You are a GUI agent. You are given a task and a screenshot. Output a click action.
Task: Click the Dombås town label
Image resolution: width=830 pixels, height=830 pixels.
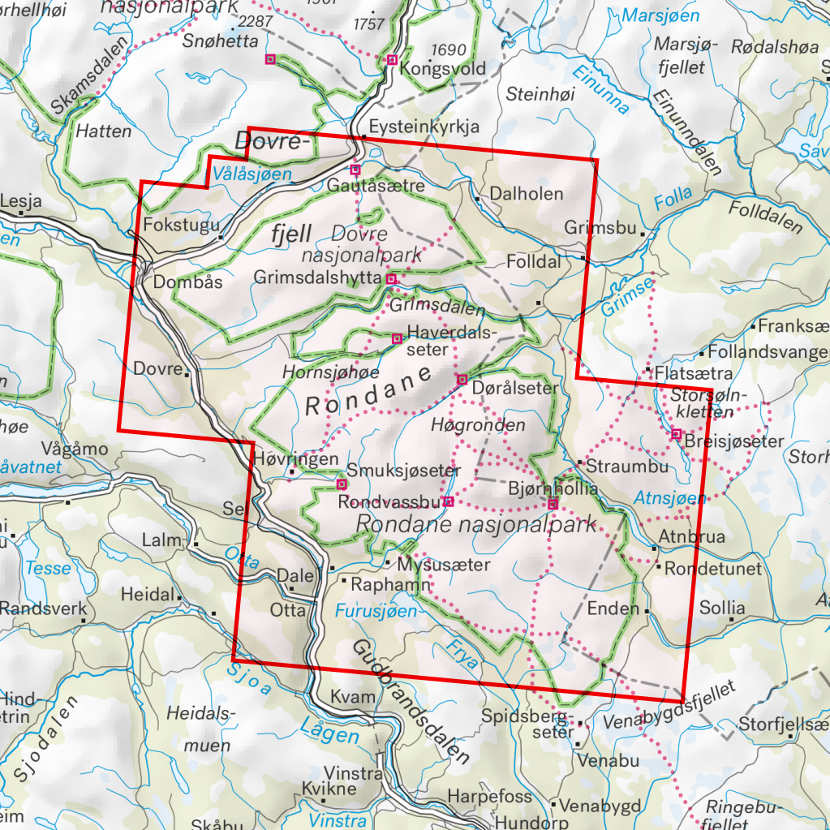[187, 283]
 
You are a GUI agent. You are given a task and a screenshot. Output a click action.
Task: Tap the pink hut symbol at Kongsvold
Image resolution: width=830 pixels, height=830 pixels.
[392, 59]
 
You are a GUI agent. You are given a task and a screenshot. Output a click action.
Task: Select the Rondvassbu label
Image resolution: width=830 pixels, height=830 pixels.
[389, 502]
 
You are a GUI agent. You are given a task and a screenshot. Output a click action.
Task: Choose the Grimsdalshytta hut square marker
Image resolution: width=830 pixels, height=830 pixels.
[391, 279]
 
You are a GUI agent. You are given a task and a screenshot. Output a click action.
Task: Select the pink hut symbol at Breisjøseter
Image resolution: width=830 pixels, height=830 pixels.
[676, 434]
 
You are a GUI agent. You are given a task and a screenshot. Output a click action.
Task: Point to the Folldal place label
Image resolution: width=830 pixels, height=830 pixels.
[533, 262]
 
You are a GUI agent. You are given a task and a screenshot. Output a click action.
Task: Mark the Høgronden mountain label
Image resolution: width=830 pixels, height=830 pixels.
[479, 425]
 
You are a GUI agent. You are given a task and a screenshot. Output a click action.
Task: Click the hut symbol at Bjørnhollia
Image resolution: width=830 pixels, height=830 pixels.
[553, 505]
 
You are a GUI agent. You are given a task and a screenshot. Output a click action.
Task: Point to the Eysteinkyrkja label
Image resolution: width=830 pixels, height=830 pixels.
[424, 127]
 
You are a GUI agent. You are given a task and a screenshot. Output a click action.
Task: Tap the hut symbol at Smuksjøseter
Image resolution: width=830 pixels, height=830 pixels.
[341, 484]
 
